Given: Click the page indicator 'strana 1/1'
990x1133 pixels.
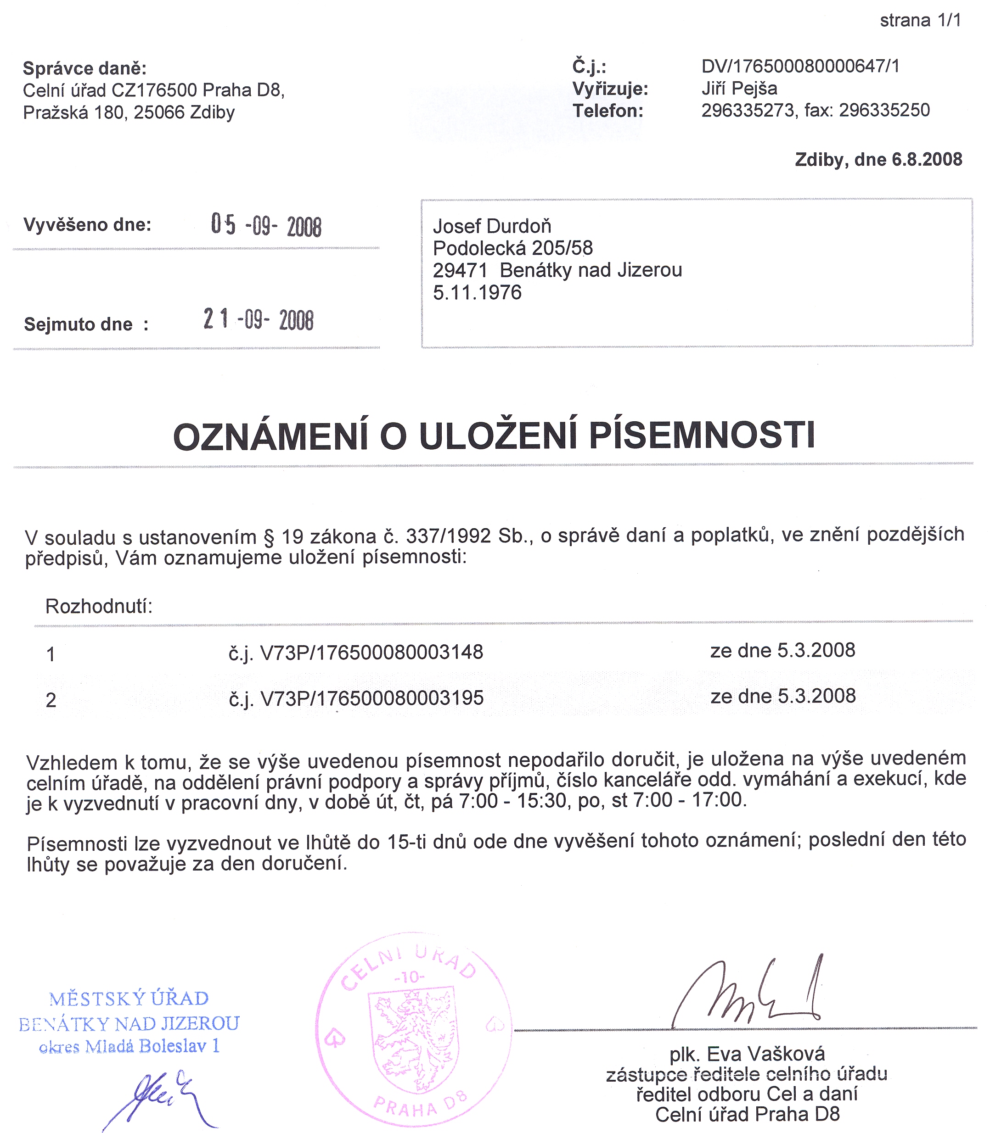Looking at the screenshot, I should pyautogui.click(x=920, y=21).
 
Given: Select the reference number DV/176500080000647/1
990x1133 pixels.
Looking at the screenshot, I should pyautogui.click(x=800, y=66).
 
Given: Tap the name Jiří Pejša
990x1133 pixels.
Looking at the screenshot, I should pyautogui.click(x=739, y=89).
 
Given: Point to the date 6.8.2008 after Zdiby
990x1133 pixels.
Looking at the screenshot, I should pyautogui.click(x=927, y=160).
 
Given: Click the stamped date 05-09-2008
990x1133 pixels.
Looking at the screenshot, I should pyautogui.click(x=266, y=225).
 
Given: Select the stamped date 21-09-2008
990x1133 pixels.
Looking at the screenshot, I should pyautogui.click(x=258, y=320).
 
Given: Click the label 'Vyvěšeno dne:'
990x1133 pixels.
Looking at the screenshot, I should pyautogui.click(x=87, y=225).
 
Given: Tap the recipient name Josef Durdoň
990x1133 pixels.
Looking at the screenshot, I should pyautogui.click(x=492, y=226).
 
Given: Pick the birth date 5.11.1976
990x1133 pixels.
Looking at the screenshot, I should pyautogui.click(x=477, y=292).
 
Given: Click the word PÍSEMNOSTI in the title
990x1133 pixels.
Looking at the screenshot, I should pyautogui.click(x=702, y=436).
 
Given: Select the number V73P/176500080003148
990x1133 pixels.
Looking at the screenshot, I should pyautogui.click(x=371, y=652).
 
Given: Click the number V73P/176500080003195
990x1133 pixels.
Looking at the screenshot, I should pyautogui.click(x=371, y=698).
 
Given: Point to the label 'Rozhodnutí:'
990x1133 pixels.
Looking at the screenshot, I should pyautogui.click(x=99, y=606).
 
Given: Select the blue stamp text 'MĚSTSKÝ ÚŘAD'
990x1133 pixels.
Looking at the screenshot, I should pyautogui.click(x=129, y=999).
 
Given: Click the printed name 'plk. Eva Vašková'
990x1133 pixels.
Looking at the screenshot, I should pyautogui.click(x=747, y=1054).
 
